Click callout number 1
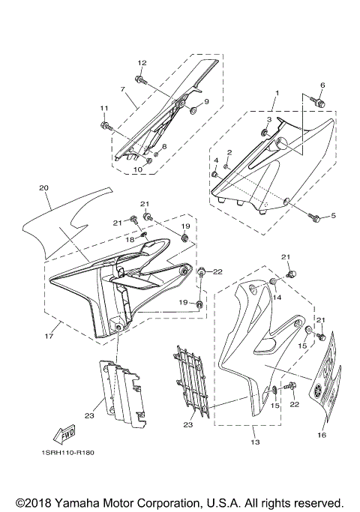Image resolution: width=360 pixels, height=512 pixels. [x=276, y=93]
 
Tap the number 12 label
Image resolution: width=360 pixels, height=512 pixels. [x=141, y=62]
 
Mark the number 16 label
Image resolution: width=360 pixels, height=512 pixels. [x=322, y=434]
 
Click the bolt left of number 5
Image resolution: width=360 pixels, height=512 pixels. [x=315, y=217]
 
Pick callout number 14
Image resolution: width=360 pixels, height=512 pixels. [x=276, y=298]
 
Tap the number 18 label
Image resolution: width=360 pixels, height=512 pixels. [x=130, y=239]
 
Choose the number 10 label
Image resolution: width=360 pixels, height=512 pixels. [x=137, y=169]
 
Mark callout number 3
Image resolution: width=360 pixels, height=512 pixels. [x=268, y=119]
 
